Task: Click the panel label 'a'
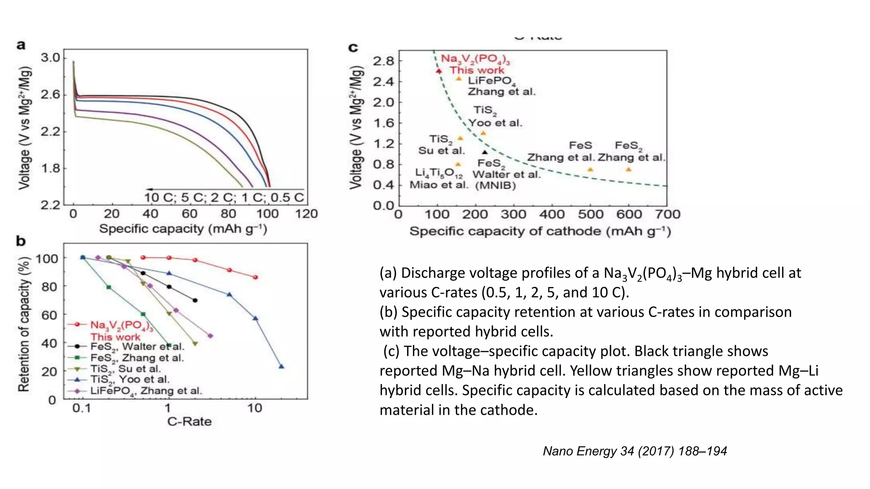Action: click(21, 45)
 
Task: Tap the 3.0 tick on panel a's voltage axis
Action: click(51, 58)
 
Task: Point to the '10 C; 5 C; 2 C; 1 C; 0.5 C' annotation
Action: click(224, 197)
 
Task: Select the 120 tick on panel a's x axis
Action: click(306, 214)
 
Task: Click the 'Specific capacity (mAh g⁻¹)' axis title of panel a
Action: click(183, 229)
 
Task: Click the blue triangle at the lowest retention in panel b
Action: click(281, 366)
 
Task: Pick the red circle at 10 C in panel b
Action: click(255, 277)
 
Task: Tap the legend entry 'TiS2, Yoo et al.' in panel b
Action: click(130, 379)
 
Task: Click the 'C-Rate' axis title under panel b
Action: click(189, 422)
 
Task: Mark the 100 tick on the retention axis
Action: click(47, 259)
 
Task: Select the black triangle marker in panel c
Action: click(485, 152)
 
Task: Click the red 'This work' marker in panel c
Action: click(439, 71)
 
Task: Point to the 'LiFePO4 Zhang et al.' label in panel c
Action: click(501, 86)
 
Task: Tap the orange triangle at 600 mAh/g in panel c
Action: click(629, 170)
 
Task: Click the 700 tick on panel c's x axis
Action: click(667, 214)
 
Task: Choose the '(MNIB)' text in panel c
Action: click(495, 185)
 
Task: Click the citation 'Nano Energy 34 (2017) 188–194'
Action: click(635, 451)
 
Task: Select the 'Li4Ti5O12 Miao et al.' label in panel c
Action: click(439, 179)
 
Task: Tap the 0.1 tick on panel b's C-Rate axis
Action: click(82, 408)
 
